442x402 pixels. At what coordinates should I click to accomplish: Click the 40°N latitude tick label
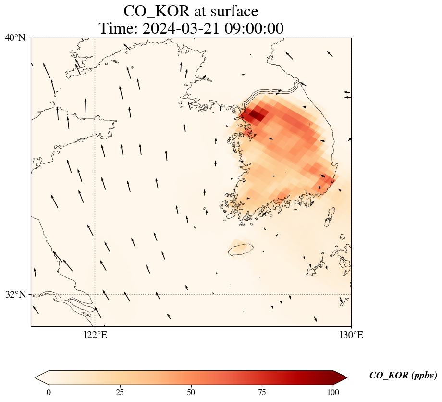tap(16, 38)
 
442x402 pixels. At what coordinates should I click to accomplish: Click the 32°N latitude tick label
tap(16, 294)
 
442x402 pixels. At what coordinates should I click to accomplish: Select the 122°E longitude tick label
tap(95, 335)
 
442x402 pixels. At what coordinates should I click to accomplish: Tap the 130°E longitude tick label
tap(351, 335)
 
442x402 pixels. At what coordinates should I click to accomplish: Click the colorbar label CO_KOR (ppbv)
tap(403, 376)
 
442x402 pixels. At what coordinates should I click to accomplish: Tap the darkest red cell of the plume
tap(256, 115)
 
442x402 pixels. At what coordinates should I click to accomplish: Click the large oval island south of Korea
tap(240, 250)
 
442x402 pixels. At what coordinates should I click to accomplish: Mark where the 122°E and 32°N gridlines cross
tap(95, 294)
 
